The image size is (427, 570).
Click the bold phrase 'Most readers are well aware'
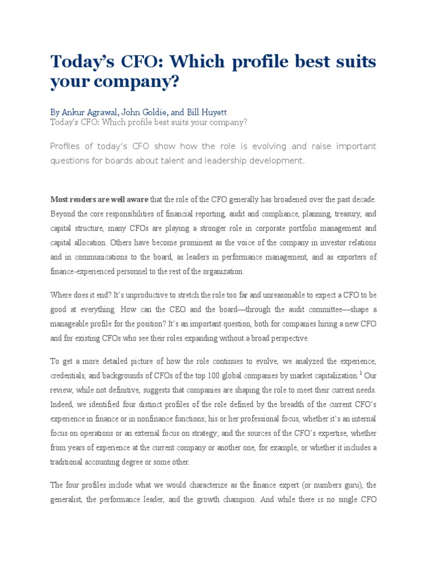pos(100,199)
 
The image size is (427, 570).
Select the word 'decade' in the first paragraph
pos(361,199)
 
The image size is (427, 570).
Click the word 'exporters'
pos(347,257)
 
